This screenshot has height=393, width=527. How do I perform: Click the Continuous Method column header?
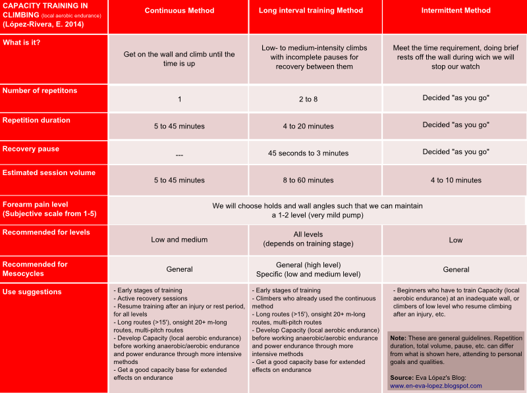(x=179, y=11)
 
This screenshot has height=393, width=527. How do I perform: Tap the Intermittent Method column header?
(x=455, y=11)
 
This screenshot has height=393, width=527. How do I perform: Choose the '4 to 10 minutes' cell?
(x=455, y=180)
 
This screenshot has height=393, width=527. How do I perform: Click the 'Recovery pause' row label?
(x=31, y=149)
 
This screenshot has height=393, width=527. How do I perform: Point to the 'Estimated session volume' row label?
(x=49, y=172)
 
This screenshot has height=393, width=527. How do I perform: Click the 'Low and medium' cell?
(x=179, y=240)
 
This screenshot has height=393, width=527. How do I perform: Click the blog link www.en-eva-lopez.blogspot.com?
(x=435, y=386)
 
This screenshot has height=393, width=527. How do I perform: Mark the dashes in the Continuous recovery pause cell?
(x=179, y=155)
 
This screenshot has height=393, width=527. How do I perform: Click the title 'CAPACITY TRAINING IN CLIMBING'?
(x=45, y=11)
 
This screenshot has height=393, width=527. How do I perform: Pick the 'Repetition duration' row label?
(x=36, y=120)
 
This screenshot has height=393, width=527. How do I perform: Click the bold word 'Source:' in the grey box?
(x=402, y=378)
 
